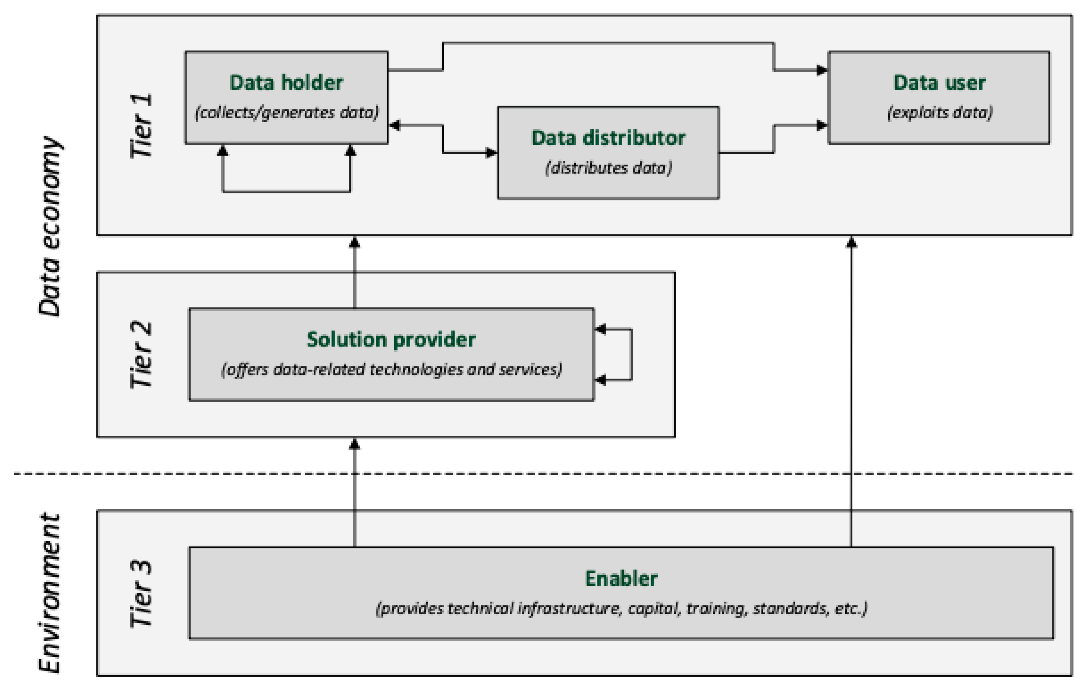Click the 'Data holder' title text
pyautogui.click(x=286, y=83)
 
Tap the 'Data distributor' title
pyautogui.click(x=608, y=138)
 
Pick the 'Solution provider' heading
pyautogui.click(x=391, y=340)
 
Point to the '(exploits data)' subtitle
pyautogui.click(x=939, y=112)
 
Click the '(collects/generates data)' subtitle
pyautogui.click(x=286, y=112)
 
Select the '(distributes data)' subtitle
pyautogui.click(x=608, y=168)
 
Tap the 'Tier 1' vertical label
pyautogui.click(x=142, y=126)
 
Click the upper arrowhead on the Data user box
pyautogui.click(x=822, y=70)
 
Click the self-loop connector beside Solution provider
pyautogui.click(x=631, y=354)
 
